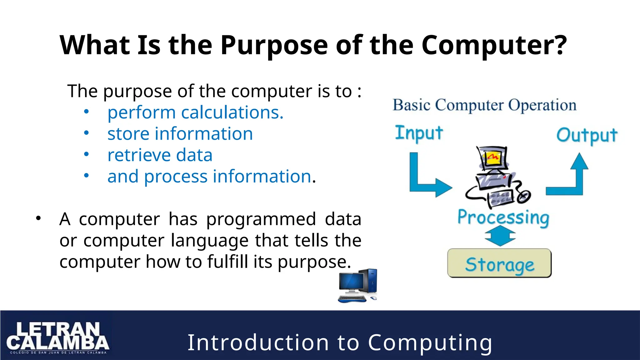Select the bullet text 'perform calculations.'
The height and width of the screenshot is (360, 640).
[195, 112]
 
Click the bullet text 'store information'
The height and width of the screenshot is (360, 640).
[180, 134]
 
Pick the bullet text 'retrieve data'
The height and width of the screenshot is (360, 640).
[160, 155]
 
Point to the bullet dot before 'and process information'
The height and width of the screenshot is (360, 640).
[87, 176]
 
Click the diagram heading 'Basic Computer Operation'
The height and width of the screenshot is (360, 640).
[484, 105]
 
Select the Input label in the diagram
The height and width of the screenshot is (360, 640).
[419, 133]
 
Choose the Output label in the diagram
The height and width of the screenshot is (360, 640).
[587, 136]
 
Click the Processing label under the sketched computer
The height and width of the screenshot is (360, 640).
[503, 217]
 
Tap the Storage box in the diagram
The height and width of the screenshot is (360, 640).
[499, 263]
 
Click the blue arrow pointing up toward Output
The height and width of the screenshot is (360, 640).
[572, 178]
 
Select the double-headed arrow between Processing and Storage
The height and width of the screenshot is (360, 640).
[500, 236]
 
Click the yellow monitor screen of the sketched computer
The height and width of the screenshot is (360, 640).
[493, 157]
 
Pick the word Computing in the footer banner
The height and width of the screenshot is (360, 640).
[430, 343]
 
